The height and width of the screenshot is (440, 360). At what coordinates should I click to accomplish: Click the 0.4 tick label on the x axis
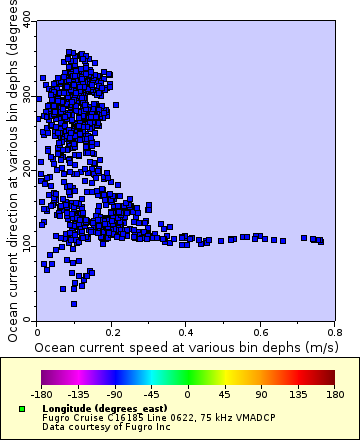[185, 331]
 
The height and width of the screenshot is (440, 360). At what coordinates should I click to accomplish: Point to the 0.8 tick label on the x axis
[334, 331]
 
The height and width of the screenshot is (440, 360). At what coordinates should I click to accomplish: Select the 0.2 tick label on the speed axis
[111, 331]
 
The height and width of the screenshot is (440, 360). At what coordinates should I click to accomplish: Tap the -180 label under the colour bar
[42, 394]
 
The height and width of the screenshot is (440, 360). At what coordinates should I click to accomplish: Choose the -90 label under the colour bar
[115, 394]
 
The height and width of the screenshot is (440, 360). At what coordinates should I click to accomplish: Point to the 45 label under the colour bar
[224, 394]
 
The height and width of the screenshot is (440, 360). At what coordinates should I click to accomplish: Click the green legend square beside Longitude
[21, 409]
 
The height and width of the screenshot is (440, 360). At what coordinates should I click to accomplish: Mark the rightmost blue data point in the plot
[320, 241]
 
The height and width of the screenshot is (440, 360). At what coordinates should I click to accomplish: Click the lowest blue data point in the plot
[74, 303]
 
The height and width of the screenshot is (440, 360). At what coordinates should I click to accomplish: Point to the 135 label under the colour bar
[297, 394]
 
